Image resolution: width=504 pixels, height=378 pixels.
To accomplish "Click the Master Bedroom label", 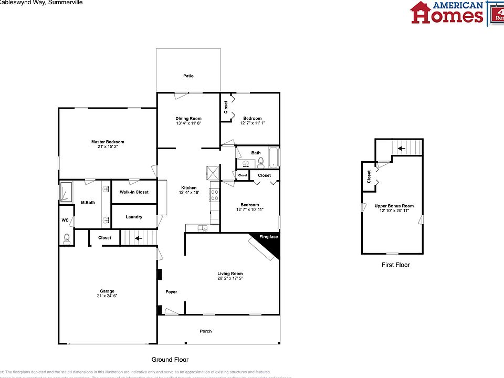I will pyautogui.click(x=108, y=142).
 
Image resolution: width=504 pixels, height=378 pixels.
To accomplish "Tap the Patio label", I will pyautogui.click(x=188, y=76).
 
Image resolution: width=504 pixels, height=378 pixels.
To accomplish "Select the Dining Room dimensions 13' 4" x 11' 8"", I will pyautogui.click(x=188, y=123).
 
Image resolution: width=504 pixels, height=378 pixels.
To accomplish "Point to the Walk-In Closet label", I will pyautogui.click(x=134, y=192).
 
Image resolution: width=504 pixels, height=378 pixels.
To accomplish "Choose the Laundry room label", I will pyautogui.click(x=134, y=217).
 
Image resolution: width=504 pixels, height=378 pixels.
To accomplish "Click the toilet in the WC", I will pyautogui.click(x=67, y=240).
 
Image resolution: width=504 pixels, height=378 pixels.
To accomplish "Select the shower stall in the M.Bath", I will pyautogui.click(x=66, y=192).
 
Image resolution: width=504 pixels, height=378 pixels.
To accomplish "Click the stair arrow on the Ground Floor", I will pyautogui.click(x=139, y=238).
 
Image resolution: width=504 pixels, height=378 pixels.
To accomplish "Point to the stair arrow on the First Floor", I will pyautogui.click(x=401, y=149).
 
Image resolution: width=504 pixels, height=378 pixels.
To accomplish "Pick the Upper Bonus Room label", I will pyautogui.click(x=394, y=206).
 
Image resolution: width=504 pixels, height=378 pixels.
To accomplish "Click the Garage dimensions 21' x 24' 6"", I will pyautogui.click(x=107, y=296).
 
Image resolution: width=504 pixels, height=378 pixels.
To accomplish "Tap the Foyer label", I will pyautogui.click(x=171, y=292).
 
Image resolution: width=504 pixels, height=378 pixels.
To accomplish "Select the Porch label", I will pyautogui.click(x=205, y=331).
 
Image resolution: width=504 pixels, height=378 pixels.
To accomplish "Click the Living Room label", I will pyautogui.click(x=230, y=274).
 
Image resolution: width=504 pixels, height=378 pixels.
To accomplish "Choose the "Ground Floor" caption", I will pyautogui.click(x=170, y=360).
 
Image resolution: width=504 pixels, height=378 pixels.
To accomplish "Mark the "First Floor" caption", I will pyautogui.click(x=395, y=265).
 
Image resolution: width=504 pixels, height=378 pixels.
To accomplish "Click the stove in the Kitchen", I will pyautogui.click(x=214, y=195).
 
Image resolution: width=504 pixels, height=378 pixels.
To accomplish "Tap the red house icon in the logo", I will pyautogui.click(x=420, y=12).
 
